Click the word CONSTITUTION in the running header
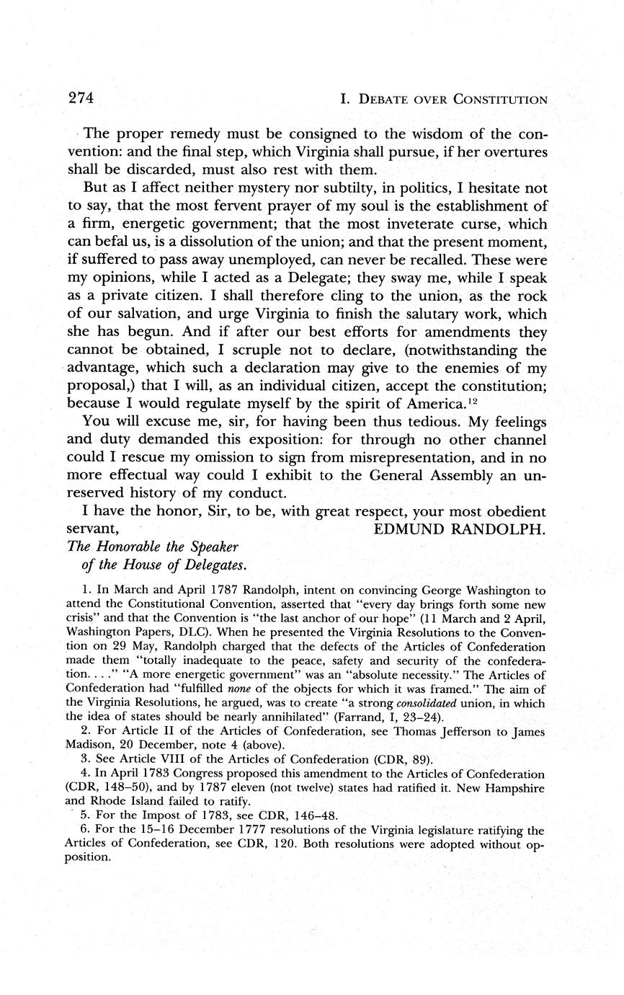point(499,99)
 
